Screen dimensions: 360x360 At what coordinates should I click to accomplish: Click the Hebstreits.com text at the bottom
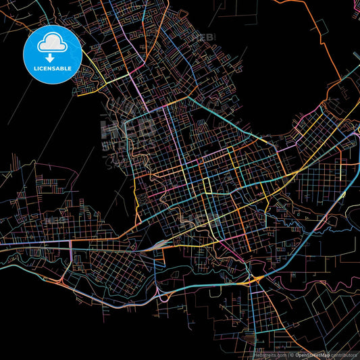(x=269, y=355)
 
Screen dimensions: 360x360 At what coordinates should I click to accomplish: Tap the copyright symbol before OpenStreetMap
(x=292, y=355)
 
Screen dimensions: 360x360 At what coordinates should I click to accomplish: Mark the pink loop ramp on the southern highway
(x=164, y=297)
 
